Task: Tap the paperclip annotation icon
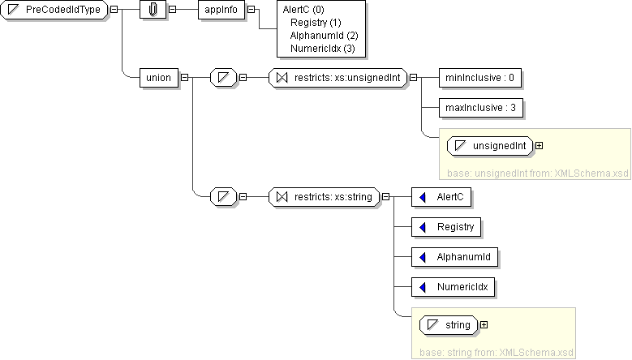coord(153,10)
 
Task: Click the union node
coord(158,78)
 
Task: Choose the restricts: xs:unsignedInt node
coord(337,78)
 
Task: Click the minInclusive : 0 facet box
coord(479,78)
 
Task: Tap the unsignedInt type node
coord(490,146)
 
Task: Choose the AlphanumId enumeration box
coord(455,257)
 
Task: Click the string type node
coord(449,325)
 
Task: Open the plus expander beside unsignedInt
coord(539,146)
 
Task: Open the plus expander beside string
coord(484,325)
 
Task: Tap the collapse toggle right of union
coord(185,78)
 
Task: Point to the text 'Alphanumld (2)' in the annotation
coord(324,36)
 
